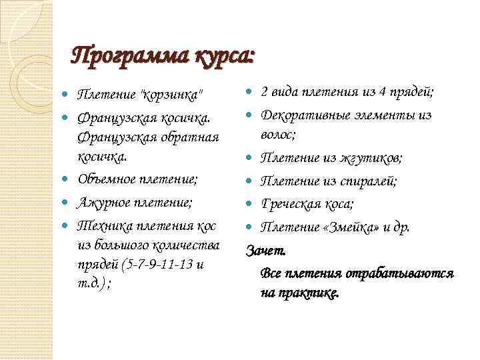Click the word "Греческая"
point(293,204)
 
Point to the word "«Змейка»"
point(353,227)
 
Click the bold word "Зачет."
point(267,251)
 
